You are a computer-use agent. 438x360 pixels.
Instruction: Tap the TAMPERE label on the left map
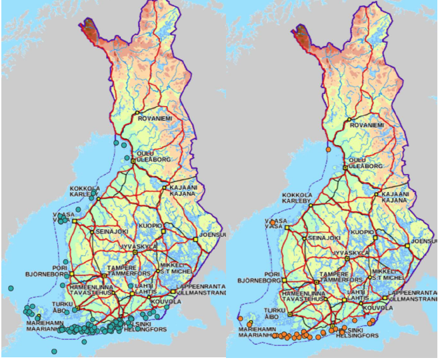pyautogui.click(x=121, y=268)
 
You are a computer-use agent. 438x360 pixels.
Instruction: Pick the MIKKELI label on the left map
pyautogui.click(x=171, y=265)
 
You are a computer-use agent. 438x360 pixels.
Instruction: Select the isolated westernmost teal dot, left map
pyautogui.click(x=11, y=288)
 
